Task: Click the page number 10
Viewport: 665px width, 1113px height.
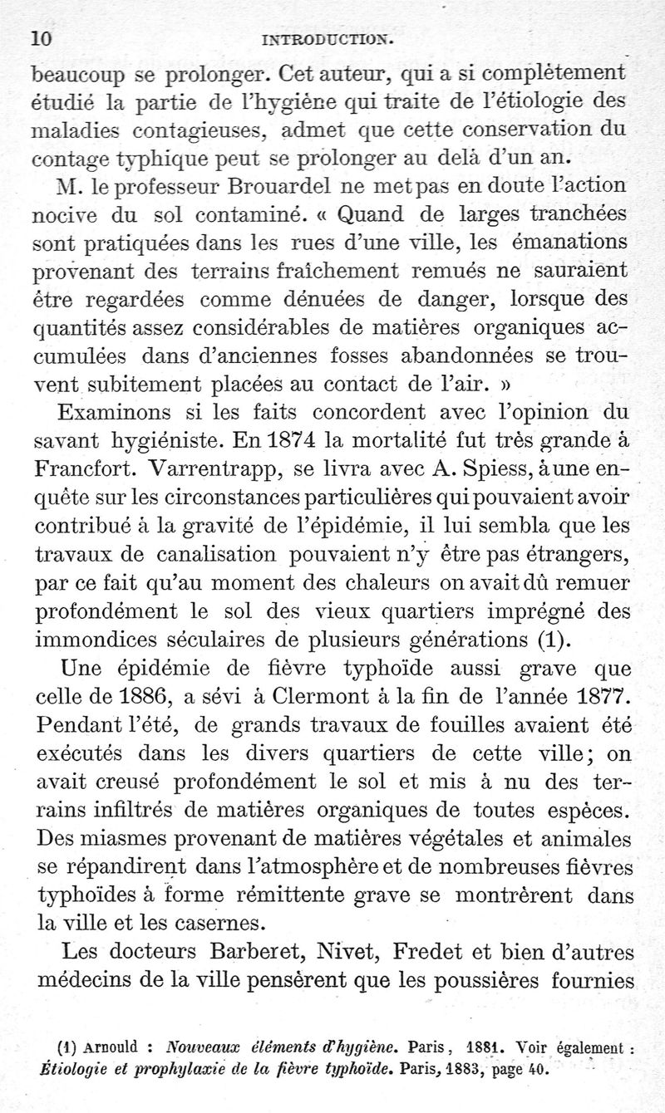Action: [x=42, y=37]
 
